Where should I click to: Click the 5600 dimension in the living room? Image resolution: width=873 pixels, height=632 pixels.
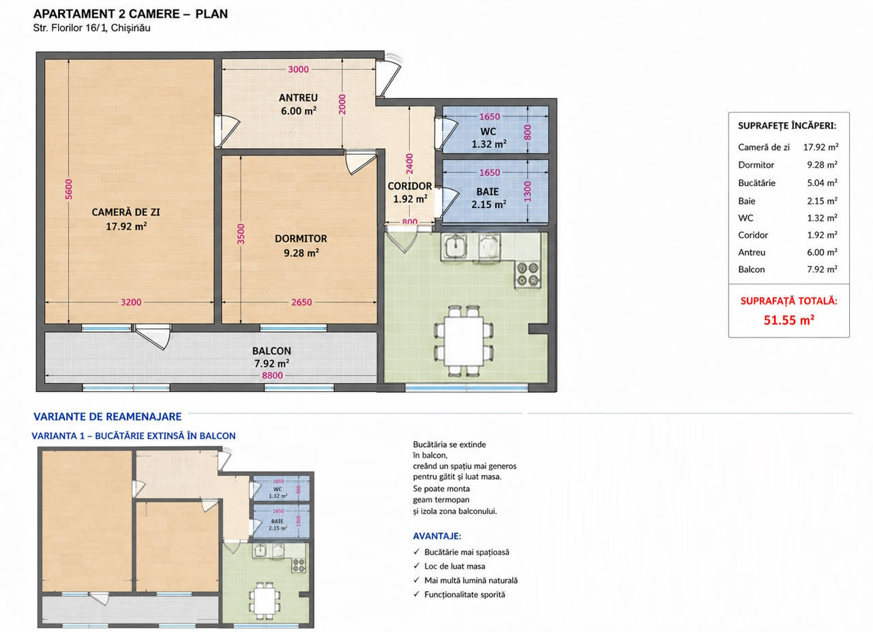point(69,190)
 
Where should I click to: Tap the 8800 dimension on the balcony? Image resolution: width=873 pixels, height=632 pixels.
point(272,375)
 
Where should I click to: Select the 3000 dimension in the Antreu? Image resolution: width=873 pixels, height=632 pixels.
point(298,70)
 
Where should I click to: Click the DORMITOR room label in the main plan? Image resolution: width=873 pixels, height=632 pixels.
point(301,239)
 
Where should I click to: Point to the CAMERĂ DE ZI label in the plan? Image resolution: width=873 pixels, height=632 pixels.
point(126,212)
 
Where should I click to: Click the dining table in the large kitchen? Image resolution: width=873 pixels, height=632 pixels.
point(464,341)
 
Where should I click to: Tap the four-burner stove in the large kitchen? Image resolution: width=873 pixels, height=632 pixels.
point(528,274)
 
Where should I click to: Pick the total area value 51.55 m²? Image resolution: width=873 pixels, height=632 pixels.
point(789,320)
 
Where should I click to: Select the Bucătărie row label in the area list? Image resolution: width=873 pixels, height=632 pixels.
point(756,183)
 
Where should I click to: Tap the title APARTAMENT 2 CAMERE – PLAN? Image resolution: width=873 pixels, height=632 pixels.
point(130,14)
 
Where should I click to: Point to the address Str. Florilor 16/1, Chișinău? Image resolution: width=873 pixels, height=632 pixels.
point(91,28)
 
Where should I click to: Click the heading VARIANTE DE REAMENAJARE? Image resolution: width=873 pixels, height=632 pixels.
point(108,417)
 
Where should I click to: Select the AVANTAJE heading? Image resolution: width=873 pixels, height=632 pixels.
point(437,536)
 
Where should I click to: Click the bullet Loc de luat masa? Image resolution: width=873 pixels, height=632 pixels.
point(454,566)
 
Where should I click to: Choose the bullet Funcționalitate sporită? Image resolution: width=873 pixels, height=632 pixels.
point(464,595)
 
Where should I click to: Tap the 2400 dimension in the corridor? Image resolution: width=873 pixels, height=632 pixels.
point(409,164)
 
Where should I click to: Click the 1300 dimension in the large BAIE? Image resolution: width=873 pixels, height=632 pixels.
point(527,192)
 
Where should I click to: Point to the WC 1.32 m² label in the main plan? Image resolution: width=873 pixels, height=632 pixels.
point(489,138)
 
